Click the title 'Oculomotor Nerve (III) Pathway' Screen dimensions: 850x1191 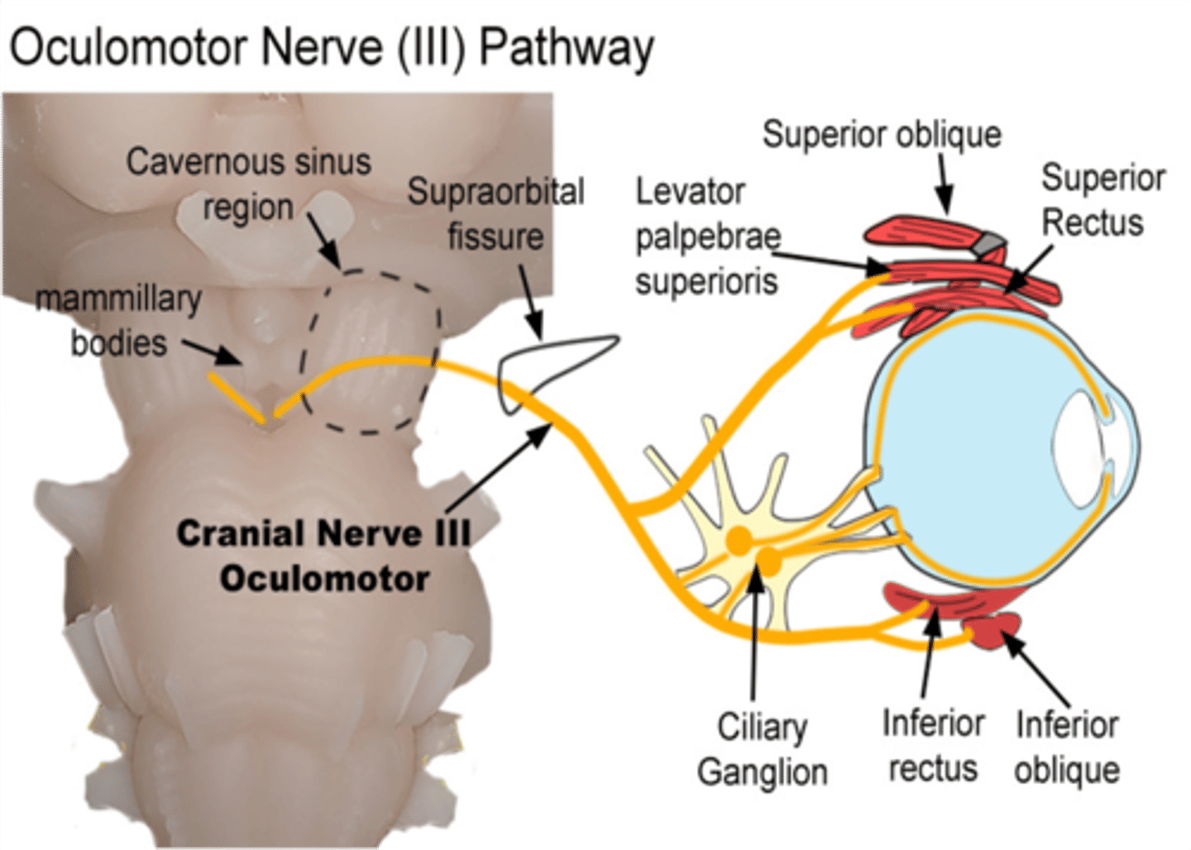coord(331,47)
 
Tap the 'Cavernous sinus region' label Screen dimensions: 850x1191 coord(248,184)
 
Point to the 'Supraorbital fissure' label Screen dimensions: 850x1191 coord(496,213)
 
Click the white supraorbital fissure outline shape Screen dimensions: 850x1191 coord(546,364)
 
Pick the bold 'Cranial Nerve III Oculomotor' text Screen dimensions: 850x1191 coord(324,556)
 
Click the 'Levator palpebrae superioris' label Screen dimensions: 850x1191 coord(707,236)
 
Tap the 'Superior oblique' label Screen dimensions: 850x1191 coord(882,134)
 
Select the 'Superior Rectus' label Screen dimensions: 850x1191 coord(1102,199)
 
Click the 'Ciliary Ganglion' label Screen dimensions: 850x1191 coord(762,749)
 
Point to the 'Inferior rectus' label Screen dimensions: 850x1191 coord(933,745)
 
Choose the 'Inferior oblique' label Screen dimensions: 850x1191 coord(1067,747)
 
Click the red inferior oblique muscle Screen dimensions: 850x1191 coord(997,630)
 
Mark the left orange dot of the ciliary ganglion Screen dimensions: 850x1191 coord(739,542)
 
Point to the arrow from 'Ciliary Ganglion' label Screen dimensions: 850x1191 coord(754,637)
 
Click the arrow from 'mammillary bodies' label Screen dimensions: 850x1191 coord(212,351)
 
